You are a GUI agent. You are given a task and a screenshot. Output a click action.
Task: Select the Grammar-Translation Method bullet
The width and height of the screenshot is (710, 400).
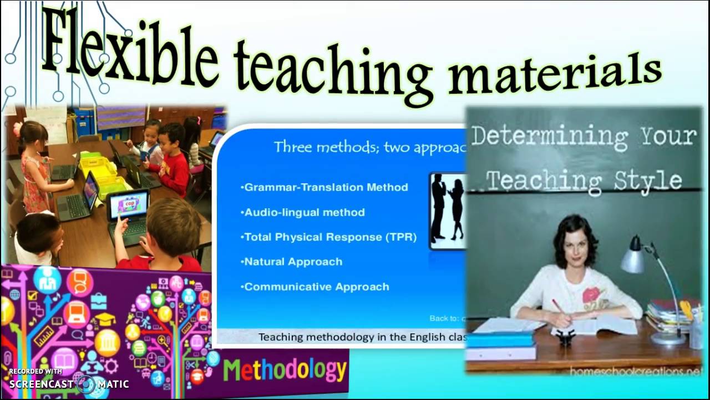326,187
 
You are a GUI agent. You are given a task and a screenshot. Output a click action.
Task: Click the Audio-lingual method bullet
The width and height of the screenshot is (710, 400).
304,212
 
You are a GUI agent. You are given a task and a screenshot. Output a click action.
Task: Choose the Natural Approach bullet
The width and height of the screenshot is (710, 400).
293,262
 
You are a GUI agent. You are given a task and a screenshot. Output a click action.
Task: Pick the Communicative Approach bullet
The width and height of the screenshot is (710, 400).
316,287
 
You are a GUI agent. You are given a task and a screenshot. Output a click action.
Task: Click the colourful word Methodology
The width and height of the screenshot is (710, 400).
285,370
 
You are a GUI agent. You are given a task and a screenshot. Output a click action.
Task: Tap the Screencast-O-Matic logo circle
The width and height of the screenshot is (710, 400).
86,383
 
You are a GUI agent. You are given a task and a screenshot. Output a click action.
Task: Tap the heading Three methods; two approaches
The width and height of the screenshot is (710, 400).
369,147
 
